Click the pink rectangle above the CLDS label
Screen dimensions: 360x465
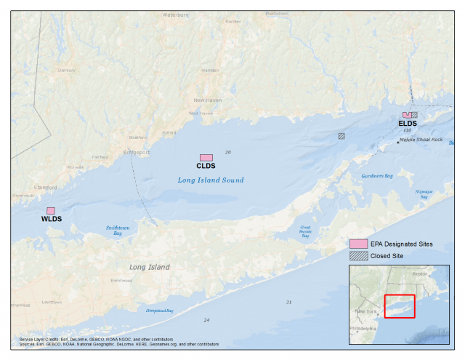pyautogui.click(x=206, y=158)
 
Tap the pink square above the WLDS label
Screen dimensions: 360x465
pyautogui.click(x=51, y=211)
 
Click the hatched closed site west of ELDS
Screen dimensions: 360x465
pyautogui.click(x=341, y=135)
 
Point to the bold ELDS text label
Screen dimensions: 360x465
pyautogui.click(x=408, y=123)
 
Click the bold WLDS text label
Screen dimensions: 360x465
pyautogui.click(x=52, y=219)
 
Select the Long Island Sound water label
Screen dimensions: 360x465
pyautogui.click(x=211, y=180)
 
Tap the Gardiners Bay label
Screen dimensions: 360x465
pyautogui.click(x=377, y=176)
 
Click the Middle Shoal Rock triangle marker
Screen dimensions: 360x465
pyautogui.click(x=398, y=141)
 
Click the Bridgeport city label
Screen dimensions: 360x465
pyautogui.click(x=137, y=153)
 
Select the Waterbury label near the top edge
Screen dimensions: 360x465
pyautogui.click(x=175, y=14)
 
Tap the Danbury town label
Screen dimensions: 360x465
pyautogui.click(x=67, y=71)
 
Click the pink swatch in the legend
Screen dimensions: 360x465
pyautogui.click(x=358, y=244)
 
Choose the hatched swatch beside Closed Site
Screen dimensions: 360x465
pyautogui.click(x=358, y=256)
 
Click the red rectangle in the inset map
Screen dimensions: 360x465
pyautogui.click(x=399, y=306)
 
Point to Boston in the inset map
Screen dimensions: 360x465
pyautogui.click(x=420, y=274)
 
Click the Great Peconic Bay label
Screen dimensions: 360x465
pyautogui.click(x=305, y=231)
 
